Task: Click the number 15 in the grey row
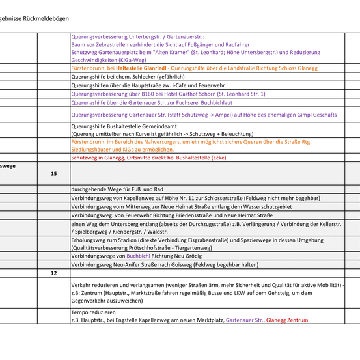[x=54, y=174]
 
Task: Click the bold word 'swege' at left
[x=8, y=166]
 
